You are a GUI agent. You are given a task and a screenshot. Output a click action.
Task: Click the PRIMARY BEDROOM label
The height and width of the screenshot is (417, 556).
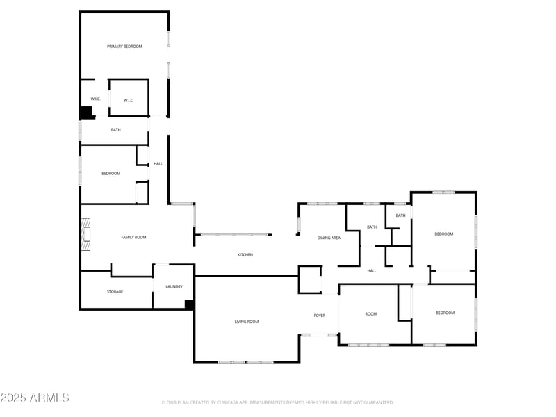coord(124,47)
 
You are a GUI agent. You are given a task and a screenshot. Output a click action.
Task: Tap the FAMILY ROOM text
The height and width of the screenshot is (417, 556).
coord(133,238)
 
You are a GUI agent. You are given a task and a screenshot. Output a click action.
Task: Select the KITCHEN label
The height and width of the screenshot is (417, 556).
coord(245,255)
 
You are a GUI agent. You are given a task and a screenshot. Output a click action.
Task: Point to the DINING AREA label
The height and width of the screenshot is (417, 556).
coord(329,238)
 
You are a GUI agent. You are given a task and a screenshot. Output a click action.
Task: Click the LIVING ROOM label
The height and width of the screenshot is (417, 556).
coord(246,322)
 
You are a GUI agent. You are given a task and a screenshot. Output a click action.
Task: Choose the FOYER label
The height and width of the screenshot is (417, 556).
coord(319,316)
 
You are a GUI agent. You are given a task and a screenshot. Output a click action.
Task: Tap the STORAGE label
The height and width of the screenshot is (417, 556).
coord(115,291)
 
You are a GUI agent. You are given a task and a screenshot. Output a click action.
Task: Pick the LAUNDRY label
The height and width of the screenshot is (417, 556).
coord(174,287)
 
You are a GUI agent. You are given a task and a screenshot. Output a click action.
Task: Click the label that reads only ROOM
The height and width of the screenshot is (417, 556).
coord(371,314)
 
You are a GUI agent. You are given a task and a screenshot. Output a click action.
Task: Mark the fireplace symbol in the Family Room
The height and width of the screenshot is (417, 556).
coord(86,234)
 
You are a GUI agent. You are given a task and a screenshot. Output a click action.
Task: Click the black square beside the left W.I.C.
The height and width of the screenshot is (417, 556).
coord(87,113)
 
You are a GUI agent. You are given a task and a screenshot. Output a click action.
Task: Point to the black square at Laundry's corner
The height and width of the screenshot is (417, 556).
coord(189,304)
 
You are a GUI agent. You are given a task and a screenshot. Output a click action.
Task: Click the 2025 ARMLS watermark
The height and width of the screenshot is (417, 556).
coord(35,398)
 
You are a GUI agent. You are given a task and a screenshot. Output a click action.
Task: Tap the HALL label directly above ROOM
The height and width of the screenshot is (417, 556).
coord(372,270)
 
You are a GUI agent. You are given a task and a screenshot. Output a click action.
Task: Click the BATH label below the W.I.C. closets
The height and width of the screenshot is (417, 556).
coord(116,130)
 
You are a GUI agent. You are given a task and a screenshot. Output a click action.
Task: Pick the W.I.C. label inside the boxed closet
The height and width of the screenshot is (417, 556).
coord(129,101)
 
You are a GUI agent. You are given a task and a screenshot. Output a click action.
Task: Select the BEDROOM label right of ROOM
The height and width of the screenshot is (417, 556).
coord(445,313)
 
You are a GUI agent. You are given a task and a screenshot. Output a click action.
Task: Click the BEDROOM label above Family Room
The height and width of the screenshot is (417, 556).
coord(111,174)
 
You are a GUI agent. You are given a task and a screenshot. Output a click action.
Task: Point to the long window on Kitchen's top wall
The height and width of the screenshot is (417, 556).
coord(234,234)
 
